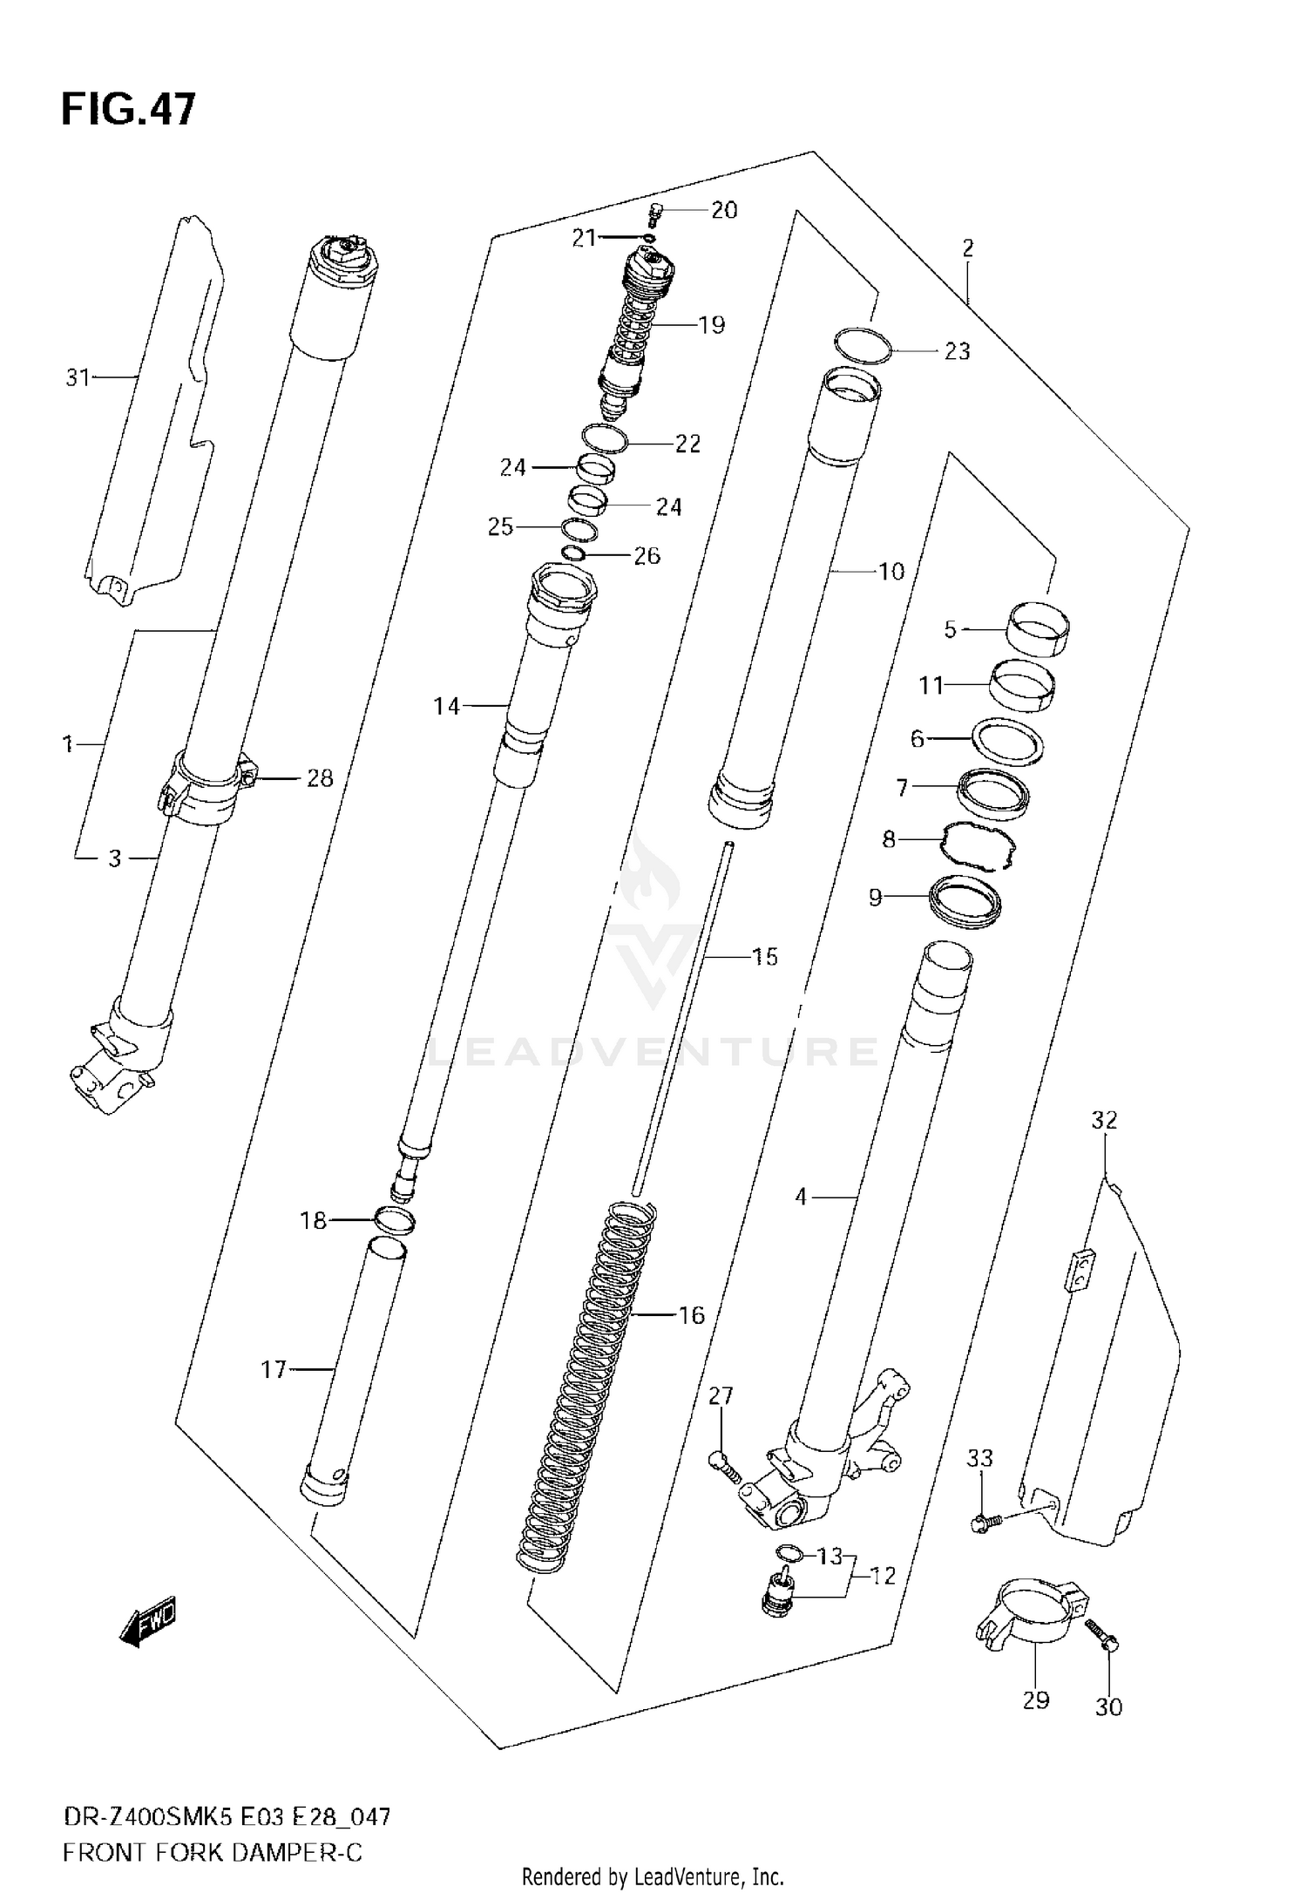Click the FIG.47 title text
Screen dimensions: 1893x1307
[x=128, y=111]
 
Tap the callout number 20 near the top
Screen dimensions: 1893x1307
[x=723, y=210]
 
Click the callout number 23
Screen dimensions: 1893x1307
[x=956, y=351]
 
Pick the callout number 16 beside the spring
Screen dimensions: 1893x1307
[x=691, y=1314]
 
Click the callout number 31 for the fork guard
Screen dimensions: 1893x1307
[x=78, y=377]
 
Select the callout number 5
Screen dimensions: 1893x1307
[x=950, y=628]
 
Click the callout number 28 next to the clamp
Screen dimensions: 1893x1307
[x=320, y=778]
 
